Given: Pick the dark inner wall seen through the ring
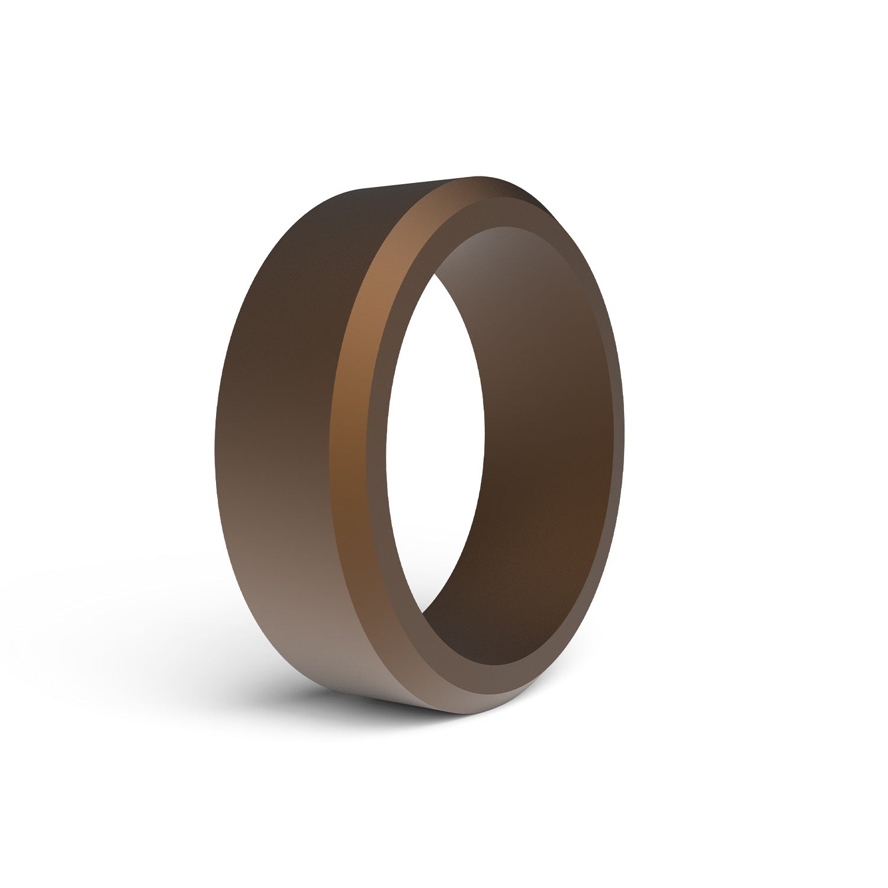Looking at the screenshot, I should tap(533, 414).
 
